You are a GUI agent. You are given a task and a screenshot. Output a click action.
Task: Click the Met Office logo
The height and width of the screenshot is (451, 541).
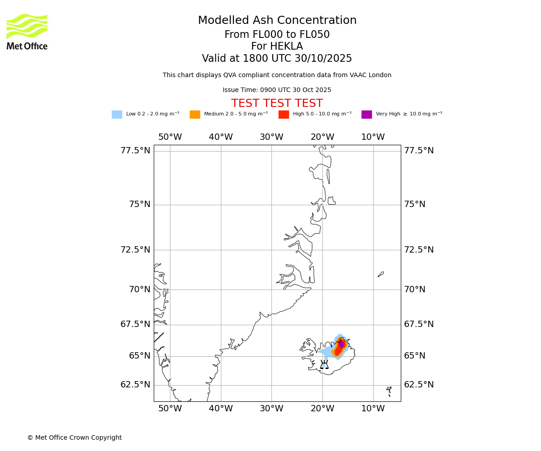coord(27,32)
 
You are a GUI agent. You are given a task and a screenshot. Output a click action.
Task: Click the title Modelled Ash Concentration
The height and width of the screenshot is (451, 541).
coord(277,21)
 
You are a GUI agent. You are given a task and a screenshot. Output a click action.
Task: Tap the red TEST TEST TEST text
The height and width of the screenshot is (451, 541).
coord(277,104)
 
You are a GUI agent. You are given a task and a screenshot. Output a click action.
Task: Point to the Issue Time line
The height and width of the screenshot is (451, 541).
coord(277,90)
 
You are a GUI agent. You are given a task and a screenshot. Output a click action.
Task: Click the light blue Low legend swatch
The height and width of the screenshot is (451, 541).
coord(117,115)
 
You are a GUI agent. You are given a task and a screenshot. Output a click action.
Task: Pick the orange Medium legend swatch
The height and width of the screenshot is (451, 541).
coord(195,115)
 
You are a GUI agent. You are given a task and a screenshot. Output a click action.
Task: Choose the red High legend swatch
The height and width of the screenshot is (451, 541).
coord(284,115)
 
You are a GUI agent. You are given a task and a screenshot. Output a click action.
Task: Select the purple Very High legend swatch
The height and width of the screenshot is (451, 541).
coord(367,115)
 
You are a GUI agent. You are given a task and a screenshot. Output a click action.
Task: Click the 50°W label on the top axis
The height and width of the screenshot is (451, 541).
coord(170,137)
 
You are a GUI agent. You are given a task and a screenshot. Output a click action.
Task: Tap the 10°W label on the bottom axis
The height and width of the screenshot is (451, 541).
coord(373,409)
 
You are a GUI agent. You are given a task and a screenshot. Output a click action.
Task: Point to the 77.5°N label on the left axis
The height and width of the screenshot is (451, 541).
coord(135,151)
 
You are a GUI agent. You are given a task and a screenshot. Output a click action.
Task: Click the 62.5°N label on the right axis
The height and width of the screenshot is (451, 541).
coord(419,385)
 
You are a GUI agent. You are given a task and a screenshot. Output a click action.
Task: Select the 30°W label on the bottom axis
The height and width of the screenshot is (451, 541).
coord(271,409)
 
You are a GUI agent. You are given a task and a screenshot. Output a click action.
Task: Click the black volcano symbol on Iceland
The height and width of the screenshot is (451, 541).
coord(324,364)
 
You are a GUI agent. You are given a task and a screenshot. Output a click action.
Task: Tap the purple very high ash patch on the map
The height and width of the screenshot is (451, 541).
coord(341,344)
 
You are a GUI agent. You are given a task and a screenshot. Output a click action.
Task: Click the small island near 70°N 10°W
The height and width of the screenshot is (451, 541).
coord(381,274)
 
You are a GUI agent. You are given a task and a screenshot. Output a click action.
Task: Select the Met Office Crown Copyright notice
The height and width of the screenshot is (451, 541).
coord(74,438)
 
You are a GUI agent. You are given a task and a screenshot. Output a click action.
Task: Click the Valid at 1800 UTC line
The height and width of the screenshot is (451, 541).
coord(277,59)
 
